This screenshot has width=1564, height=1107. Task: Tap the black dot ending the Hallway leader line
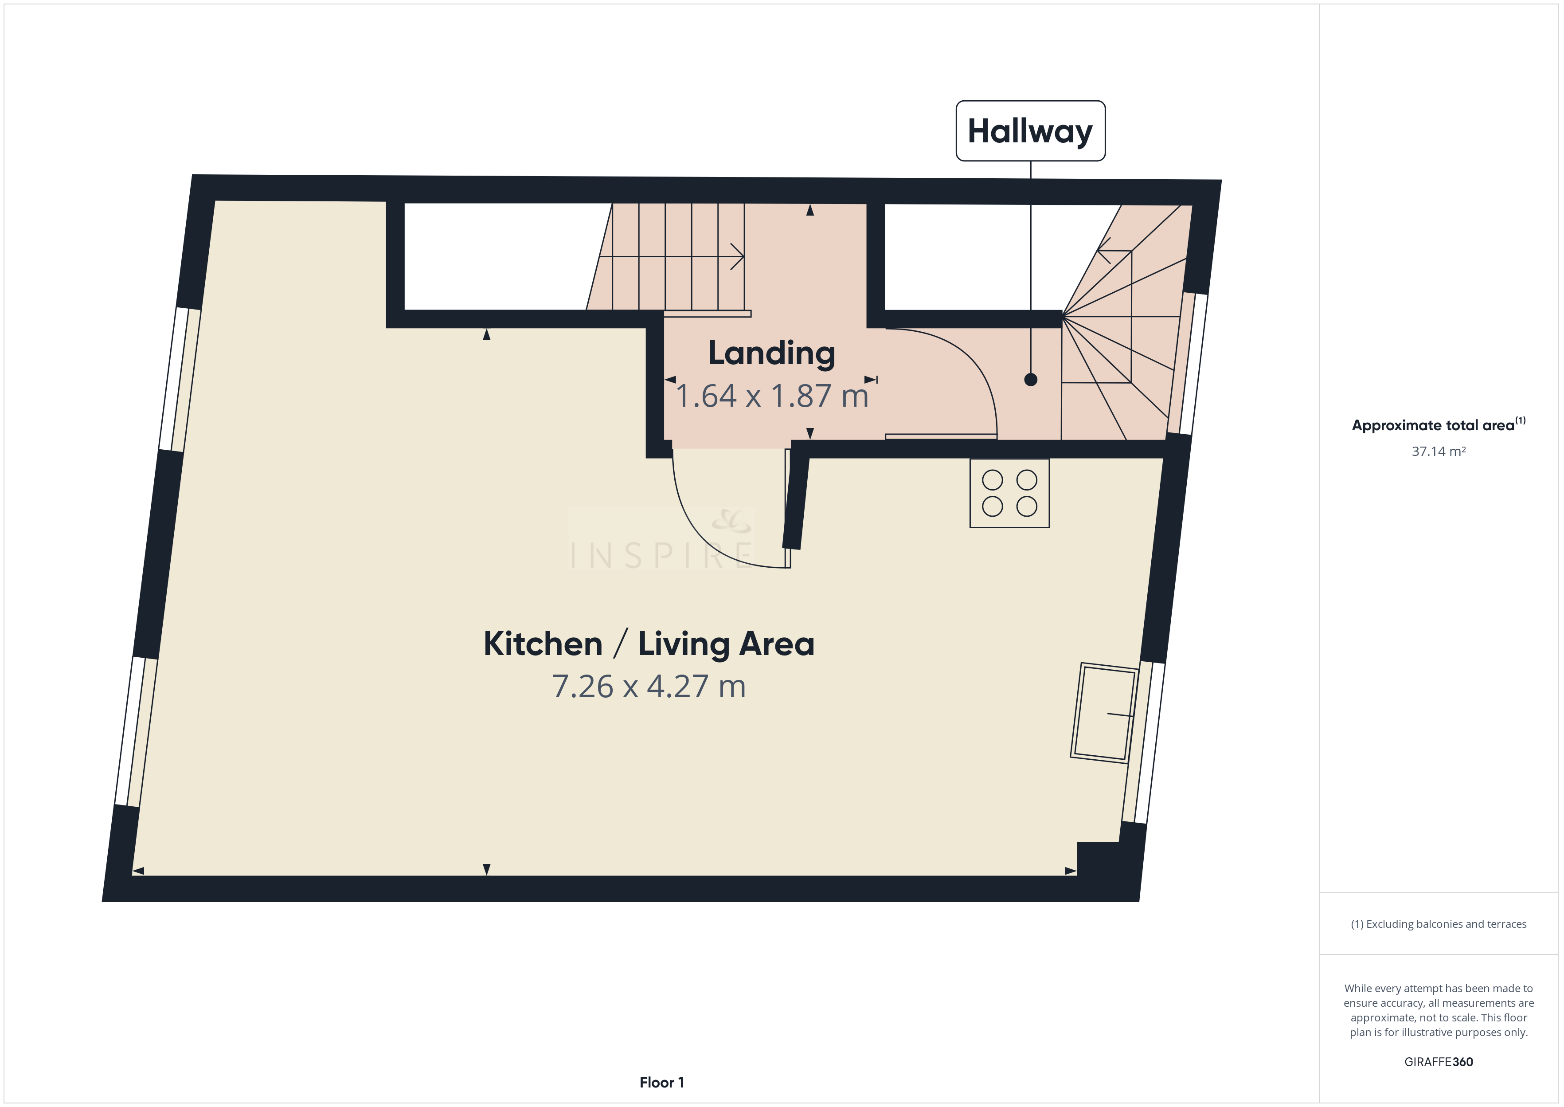point(1031,380)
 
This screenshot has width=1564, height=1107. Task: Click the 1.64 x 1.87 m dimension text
point(772,396)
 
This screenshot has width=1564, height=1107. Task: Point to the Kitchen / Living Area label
point(649,644)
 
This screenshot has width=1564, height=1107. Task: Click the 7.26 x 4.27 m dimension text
point(649,687)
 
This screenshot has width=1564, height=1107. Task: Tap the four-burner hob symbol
point(1009,493)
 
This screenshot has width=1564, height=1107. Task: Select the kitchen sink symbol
point(1104,712)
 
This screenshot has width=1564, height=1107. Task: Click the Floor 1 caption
point(661,1083)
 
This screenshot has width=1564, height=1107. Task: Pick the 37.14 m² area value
point(1439,451)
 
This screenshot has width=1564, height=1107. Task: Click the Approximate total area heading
point(1439,425)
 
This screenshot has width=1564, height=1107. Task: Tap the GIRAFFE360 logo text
point(1439,1062)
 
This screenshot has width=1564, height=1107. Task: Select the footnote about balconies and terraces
point(1439,924)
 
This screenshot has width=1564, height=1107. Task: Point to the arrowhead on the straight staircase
point(738,257)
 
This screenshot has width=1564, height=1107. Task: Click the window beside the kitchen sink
point(1143,742)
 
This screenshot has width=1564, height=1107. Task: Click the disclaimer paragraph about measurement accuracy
point(1439,1010)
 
